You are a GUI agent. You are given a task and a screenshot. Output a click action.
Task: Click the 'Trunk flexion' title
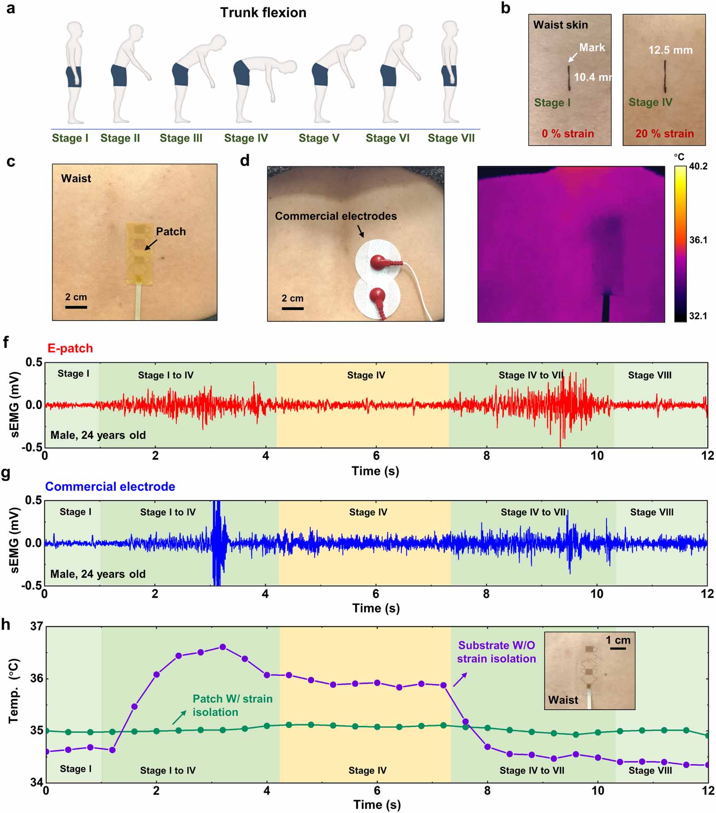263,13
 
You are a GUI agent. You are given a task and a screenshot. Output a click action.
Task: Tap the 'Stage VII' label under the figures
451,138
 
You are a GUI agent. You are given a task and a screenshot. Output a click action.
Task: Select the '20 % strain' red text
664,134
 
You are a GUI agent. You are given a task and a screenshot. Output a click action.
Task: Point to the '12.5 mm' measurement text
670,50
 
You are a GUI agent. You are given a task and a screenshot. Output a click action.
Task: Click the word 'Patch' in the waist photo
171,232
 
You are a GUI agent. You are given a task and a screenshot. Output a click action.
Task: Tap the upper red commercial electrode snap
379,262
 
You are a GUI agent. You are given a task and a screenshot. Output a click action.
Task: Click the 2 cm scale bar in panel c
76,307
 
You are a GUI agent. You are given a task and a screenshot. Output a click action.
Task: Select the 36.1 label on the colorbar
698,240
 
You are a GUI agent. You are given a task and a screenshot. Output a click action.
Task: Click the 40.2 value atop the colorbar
698,167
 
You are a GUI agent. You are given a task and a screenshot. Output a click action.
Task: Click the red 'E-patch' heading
70,348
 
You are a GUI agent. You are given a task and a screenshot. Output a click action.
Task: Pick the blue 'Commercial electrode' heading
110,487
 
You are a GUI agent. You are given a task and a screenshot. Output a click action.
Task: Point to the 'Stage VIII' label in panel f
649,375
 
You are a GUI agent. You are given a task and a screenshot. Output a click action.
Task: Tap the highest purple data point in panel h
222,647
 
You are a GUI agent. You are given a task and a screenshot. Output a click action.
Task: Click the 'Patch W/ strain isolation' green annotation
232,705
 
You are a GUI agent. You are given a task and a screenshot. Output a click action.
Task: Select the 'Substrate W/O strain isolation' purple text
496,652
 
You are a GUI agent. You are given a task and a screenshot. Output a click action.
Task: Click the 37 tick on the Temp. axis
37,626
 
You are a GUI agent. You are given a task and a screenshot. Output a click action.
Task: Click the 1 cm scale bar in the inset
618,648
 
